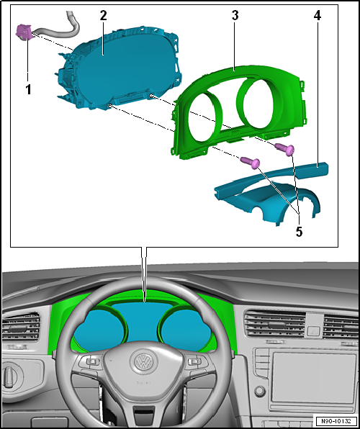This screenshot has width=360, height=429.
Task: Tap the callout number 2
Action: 104,15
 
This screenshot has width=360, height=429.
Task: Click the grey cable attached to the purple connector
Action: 58,29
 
